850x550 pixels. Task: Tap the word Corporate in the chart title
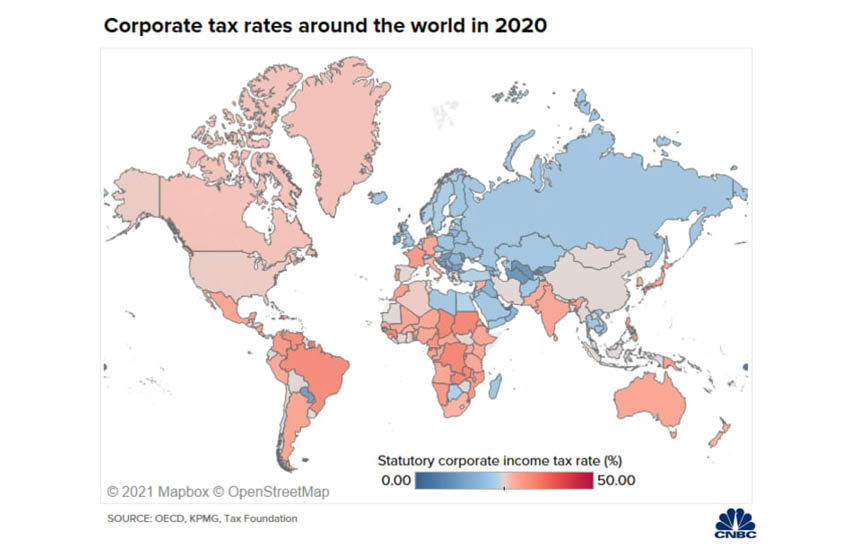coord(150,26)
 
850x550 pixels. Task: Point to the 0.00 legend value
coord(396,481)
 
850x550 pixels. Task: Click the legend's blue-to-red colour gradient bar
coord(506,481)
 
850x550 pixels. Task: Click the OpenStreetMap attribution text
coord(272,492)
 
